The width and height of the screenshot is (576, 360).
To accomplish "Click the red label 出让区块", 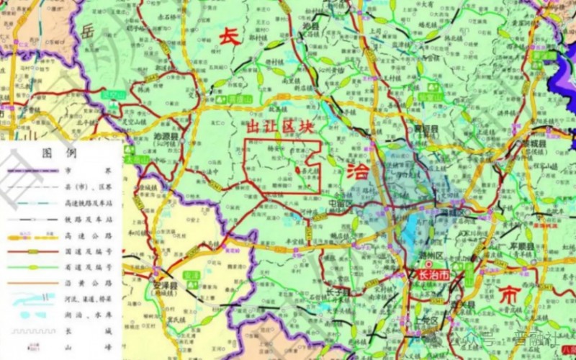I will (281, 127).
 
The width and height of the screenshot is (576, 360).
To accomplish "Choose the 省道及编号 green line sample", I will (32, 267).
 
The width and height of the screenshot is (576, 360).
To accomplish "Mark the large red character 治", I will (358, 171).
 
